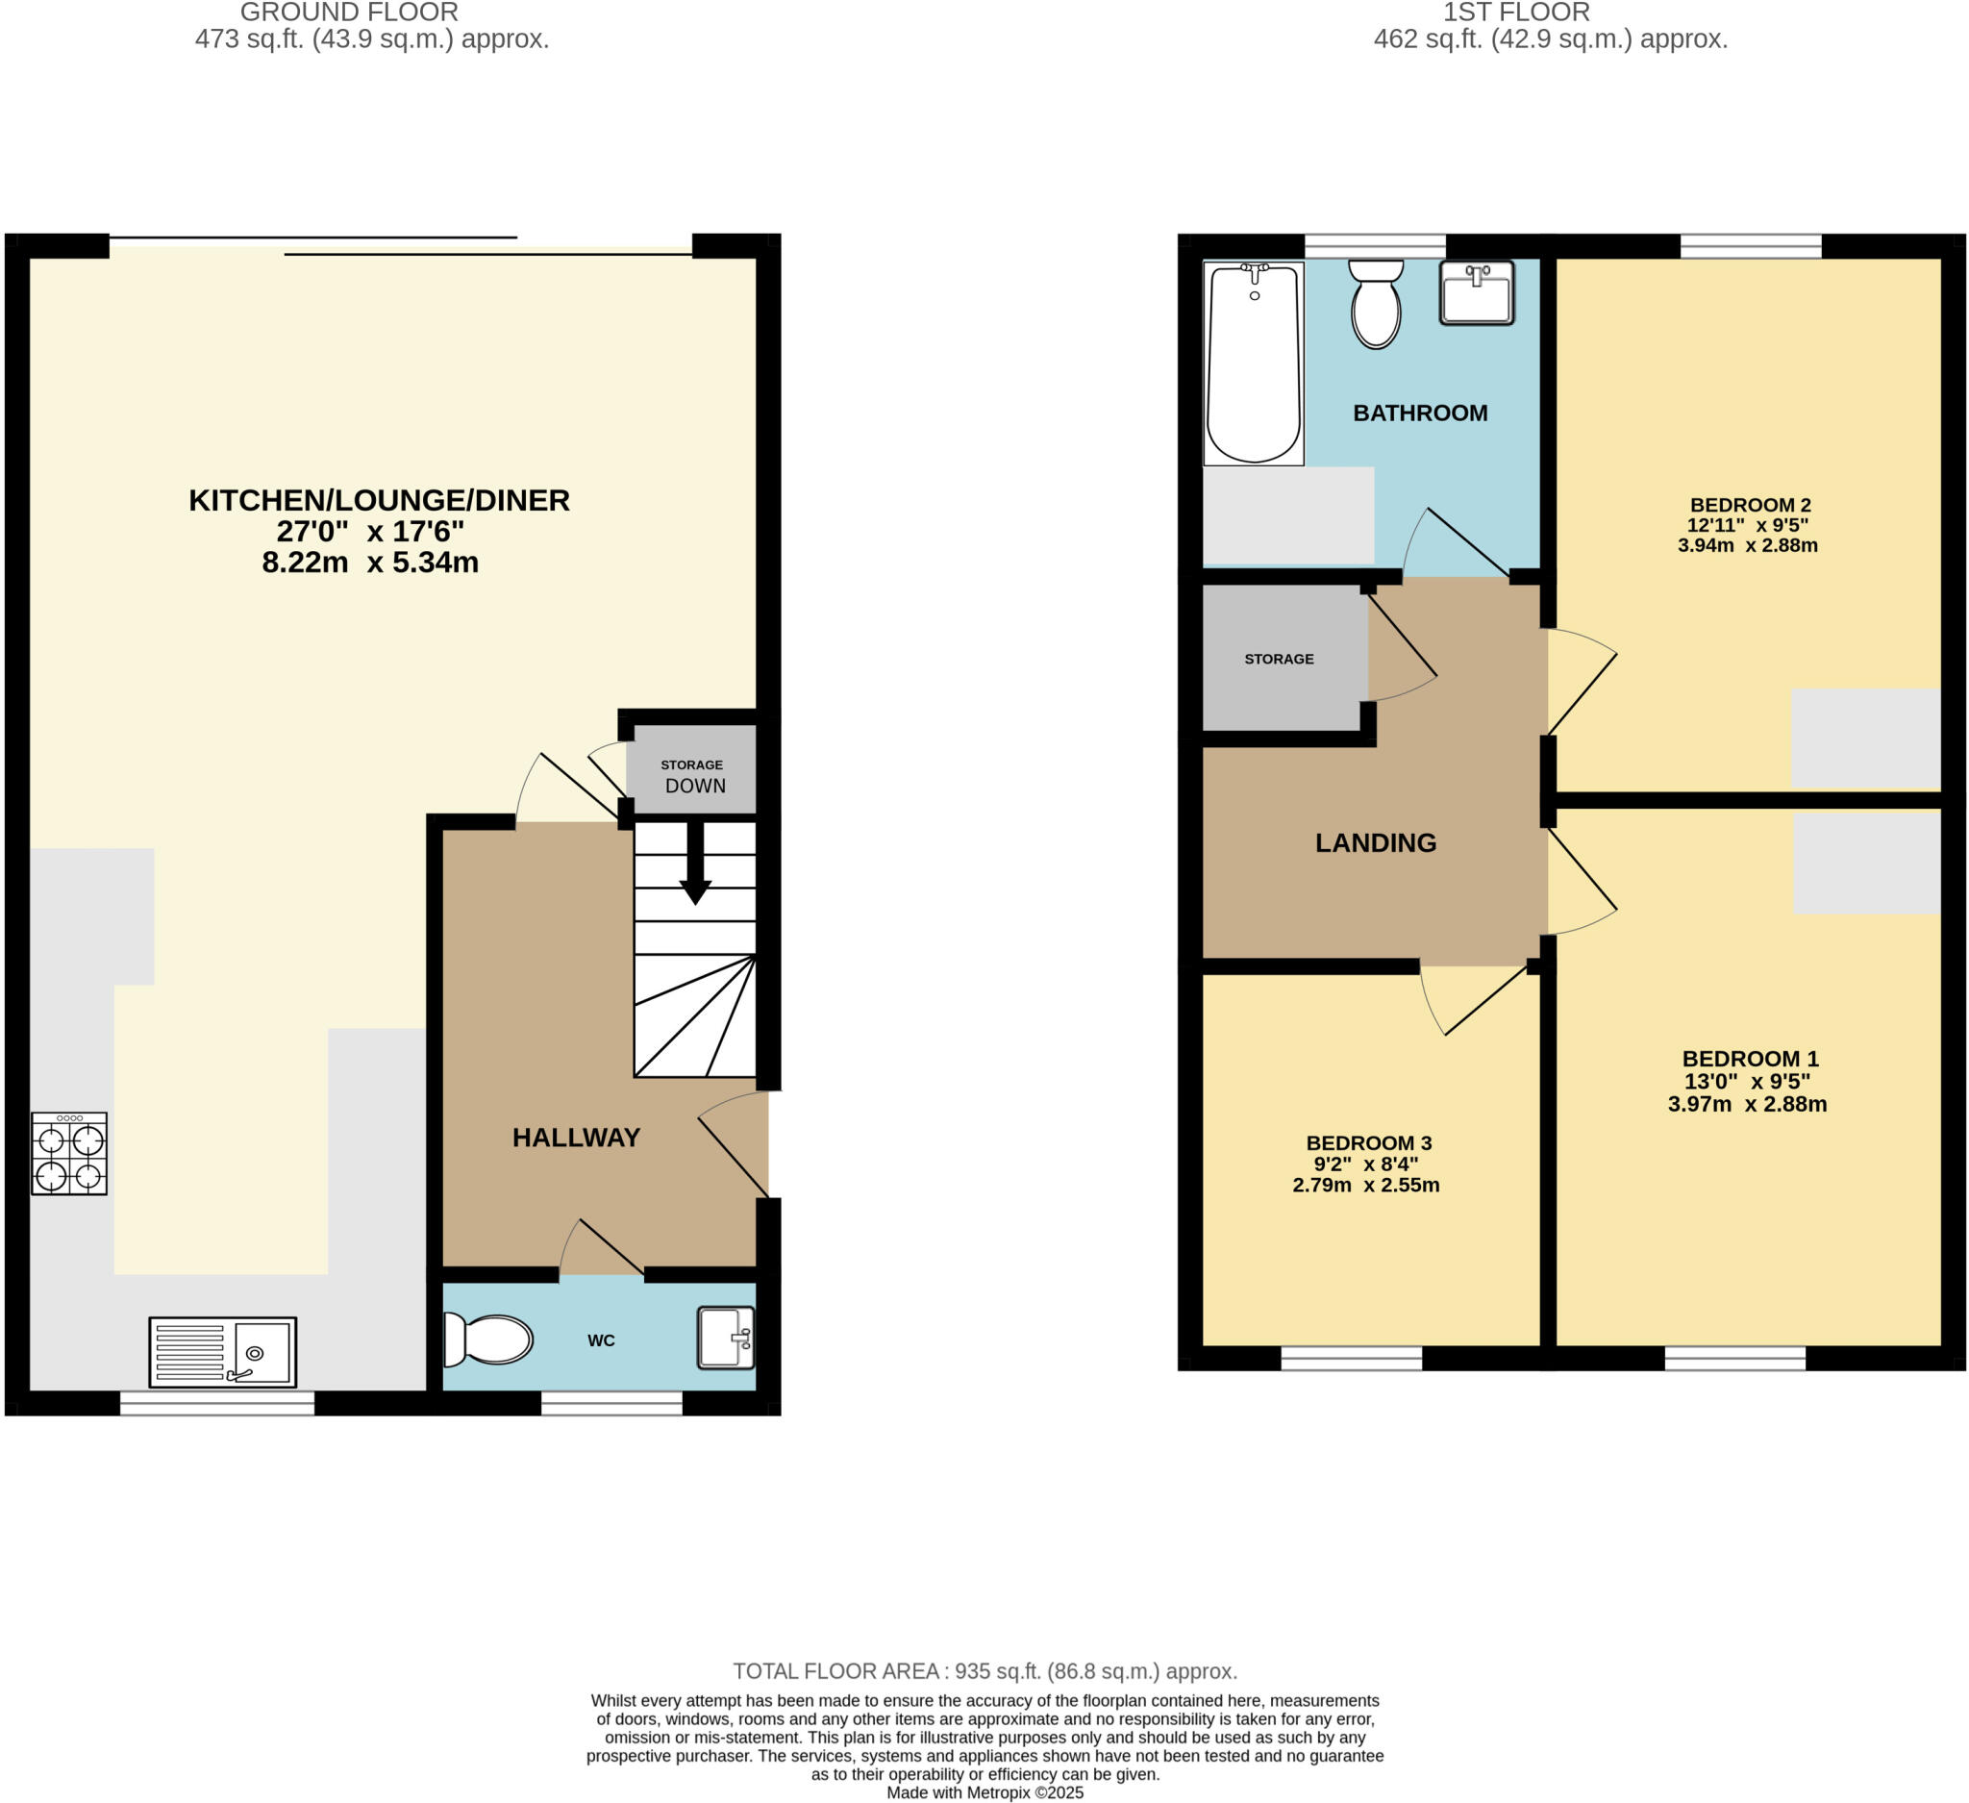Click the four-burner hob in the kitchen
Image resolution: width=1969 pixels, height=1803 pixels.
68,1154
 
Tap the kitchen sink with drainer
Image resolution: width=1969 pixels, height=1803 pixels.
223,1353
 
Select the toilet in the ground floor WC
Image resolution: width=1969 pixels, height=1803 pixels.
487,1340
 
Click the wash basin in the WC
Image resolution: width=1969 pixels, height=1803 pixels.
726,1338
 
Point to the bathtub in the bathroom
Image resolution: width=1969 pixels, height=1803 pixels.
1254,363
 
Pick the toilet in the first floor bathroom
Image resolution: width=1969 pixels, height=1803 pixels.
1376,303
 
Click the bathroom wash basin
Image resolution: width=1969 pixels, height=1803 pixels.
1477,292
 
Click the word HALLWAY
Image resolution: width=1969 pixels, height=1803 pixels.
576,1137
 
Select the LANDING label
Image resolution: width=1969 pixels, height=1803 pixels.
1375,843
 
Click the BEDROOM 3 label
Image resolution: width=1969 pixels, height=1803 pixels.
1368,1142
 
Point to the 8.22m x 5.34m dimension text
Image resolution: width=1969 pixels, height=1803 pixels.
370,563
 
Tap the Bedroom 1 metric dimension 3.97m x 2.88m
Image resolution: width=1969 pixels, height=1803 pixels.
1747,1104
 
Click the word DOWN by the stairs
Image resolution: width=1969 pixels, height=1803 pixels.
695,786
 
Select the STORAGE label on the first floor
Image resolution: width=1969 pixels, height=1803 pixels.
1279,660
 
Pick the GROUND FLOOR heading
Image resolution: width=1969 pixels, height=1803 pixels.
349,13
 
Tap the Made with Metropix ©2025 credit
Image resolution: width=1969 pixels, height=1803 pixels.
985,1792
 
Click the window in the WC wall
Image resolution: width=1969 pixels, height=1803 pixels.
611,1403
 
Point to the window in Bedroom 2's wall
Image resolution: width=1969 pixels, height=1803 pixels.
1751,246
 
